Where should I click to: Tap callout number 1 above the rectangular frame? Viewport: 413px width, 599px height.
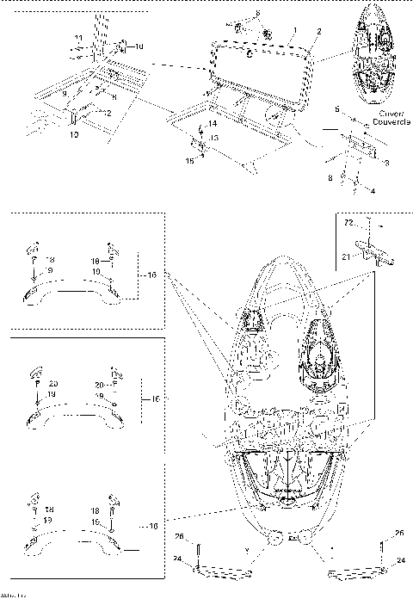click(x=295, y=29)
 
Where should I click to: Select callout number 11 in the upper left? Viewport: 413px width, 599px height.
click(x=78, y=39)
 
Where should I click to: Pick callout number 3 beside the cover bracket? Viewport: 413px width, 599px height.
click(x=386, y=162)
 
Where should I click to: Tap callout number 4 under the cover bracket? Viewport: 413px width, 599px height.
click(x=372, y=190)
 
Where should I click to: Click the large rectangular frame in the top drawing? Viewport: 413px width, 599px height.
click(x=258, y=62)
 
